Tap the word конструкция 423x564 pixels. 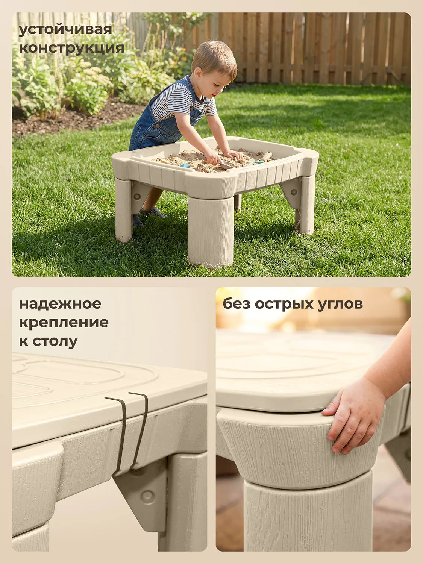click(71, 48)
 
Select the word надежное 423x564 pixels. click(60, 304)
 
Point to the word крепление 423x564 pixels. click(64, 322)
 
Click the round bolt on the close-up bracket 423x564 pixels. click(147, 496)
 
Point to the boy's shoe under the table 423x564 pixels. click(154, 213)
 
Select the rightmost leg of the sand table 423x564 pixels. click(307, 205)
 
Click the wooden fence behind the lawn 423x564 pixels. click(320, 49)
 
